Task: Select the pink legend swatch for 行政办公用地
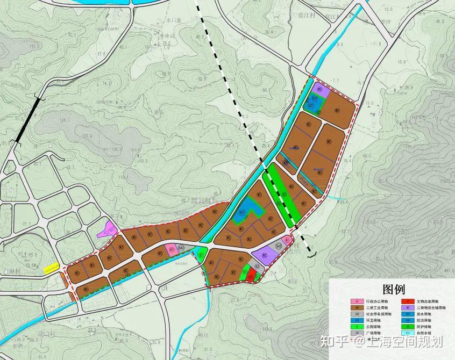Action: (356, 302)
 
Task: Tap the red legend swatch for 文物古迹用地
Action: (410, 302)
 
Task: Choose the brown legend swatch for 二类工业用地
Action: (356, 308)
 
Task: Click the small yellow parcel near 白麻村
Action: (52, 267)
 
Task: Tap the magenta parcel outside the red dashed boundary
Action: (107, 230)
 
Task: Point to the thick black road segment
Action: (27, 119)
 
